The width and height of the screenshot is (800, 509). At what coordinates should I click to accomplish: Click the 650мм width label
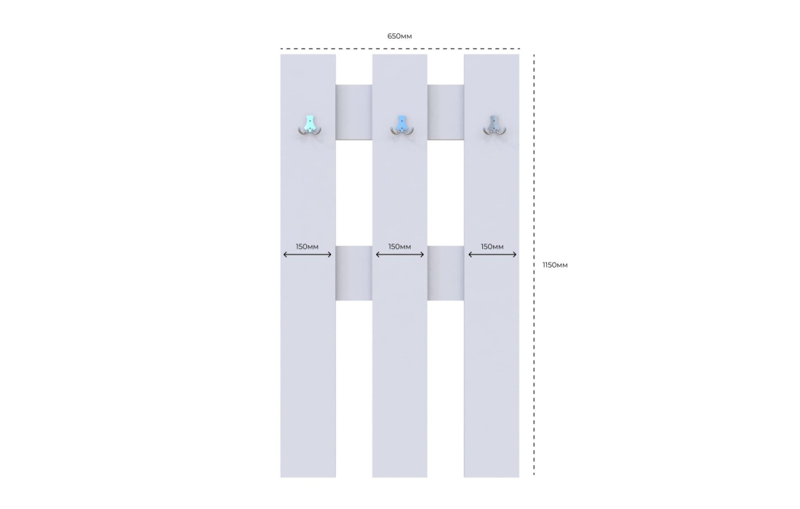click(x=399, y=36)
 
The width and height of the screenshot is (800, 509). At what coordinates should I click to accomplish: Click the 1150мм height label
click(x=555, y=265)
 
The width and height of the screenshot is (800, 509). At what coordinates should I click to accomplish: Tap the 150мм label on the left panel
click(x=307, y=247)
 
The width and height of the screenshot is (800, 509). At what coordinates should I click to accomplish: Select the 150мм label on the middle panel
click(x=399, y=247)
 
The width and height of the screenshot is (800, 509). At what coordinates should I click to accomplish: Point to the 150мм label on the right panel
click(x=492, y=247)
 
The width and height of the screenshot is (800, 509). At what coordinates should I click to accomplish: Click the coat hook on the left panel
click(x=309, y=126)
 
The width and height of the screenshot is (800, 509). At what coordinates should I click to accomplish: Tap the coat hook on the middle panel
click(x=402, y=126)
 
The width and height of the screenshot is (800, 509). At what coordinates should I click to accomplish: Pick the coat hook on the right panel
click(x=494, y=126)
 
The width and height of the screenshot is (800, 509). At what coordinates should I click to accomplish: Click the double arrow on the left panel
click(x=308, y=254)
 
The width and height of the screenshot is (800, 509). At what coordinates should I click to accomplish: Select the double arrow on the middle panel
click(x=400, y=254)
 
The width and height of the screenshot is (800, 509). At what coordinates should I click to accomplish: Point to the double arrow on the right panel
click(x=492, y=254)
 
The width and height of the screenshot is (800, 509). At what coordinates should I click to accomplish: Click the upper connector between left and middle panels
click(x=354, y=112)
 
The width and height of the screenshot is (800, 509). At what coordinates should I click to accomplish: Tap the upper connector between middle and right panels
click(x=445, y=112)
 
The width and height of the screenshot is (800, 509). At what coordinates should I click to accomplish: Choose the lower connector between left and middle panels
click(x=354, y=273)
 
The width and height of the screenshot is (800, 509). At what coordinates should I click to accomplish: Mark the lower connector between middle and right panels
click(x=445, y=273)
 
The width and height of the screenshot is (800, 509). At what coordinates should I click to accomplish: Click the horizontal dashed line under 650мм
click(x=400, y=49)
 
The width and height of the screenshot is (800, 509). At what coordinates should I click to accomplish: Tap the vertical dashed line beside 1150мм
click(x=535, y=265)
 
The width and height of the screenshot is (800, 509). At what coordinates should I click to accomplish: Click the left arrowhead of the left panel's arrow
click(x=285, y=254)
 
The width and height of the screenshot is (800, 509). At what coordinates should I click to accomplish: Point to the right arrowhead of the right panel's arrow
click(x=515, y=254)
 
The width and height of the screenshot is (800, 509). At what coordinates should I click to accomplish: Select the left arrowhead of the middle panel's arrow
click(x=377, y=254)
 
